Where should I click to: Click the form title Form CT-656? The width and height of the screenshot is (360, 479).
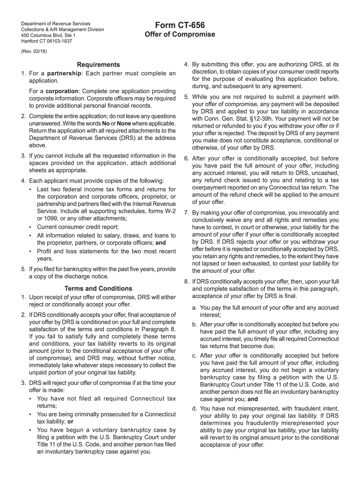point(180,25)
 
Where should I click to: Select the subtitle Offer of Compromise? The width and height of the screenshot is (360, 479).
point(180,35)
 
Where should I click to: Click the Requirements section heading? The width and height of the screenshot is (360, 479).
point(98,65)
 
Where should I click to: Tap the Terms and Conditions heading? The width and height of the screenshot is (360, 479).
point(98,289)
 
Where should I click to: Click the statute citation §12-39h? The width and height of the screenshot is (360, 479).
point(253,118)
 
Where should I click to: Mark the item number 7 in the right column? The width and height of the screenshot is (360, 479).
point(186,213)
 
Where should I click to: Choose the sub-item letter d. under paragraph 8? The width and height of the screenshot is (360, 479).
point(194,408)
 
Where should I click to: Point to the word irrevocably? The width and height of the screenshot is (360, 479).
point(310,213)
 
